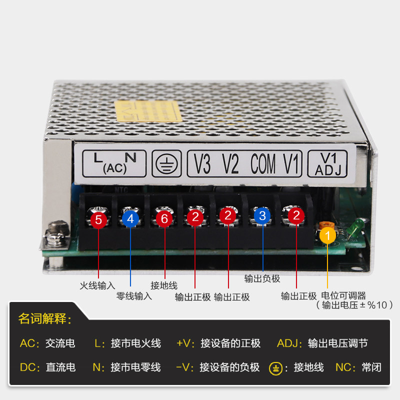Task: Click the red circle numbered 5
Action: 98,219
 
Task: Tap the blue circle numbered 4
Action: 130,218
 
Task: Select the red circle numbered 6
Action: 164,218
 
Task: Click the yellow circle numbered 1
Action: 327,235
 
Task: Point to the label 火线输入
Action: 97,286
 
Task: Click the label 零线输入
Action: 133,296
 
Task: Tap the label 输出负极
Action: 262,278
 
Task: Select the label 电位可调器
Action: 343,295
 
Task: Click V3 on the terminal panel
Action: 202,164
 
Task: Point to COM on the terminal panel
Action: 263,164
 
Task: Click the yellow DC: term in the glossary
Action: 29,367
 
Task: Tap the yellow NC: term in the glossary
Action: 345,367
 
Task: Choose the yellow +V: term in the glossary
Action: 185,343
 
